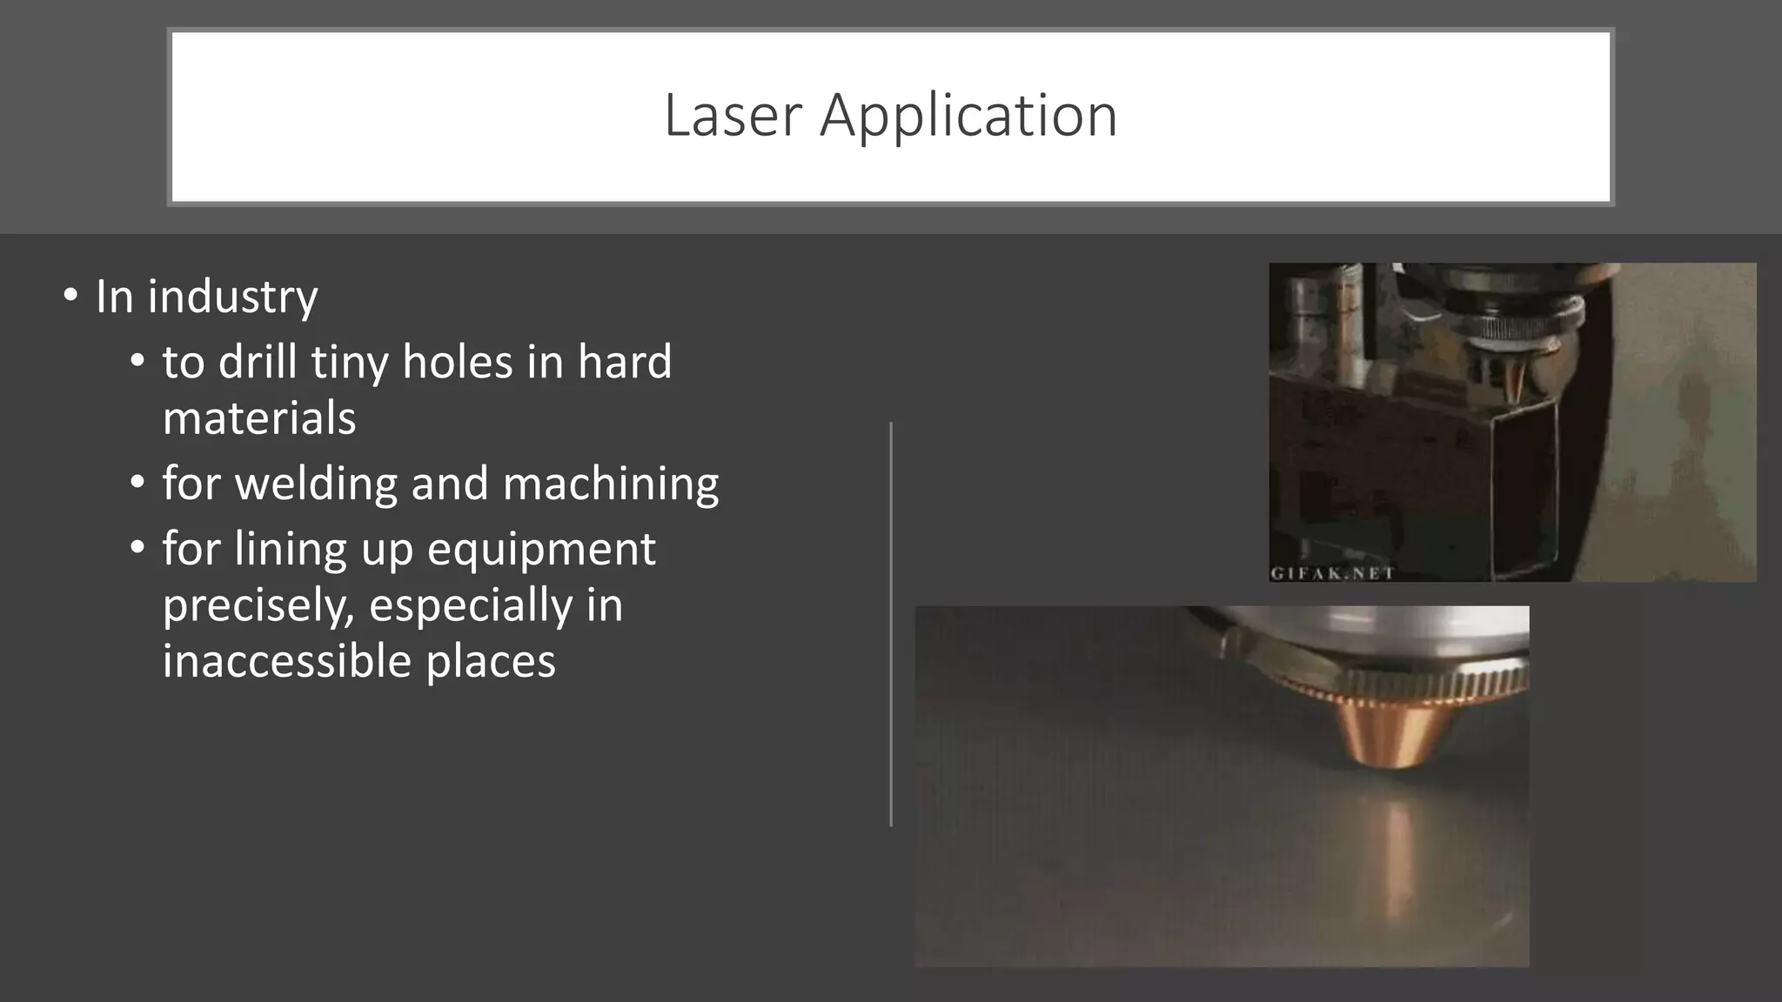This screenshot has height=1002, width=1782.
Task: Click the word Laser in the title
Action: [x=732, y=116]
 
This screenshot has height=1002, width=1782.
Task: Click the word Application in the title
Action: [x=968, y=116]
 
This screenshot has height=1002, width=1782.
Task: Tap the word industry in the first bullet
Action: [x=232, y=297]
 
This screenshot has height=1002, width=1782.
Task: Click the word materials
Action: [x=259, y=418]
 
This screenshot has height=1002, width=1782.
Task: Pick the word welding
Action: [x=317, y=484]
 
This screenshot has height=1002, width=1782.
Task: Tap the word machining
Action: [x=611, y=484]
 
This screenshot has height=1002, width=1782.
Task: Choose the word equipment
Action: [x=541, y=550]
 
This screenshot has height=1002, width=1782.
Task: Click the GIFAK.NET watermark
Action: [x=1332, y=573]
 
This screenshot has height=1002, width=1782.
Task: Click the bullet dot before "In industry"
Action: [x=70, y=296]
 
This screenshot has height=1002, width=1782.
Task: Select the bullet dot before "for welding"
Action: [x=137, y=483]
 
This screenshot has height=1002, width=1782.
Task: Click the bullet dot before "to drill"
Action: [x=137, y=360]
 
